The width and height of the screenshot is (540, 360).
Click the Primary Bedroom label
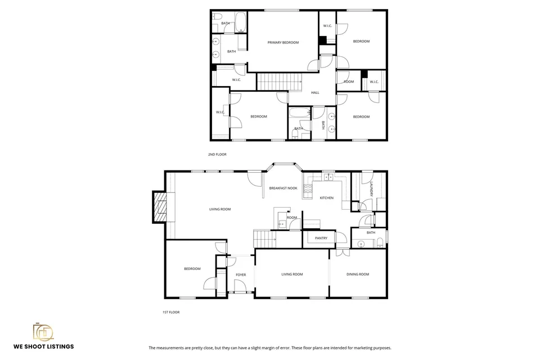pyautogui.click(x=283, y=43)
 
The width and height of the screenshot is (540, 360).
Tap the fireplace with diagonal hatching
pyautogui.click(x=160, y=206)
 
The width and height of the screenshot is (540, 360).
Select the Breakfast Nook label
pyautogui.click(x=283, y=188)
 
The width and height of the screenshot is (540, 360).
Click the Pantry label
pyautogui.click(x=321, y=238)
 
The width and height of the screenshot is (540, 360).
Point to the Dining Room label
pyautogui.click(x=358, y=274)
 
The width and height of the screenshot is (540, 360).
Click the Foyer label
pyautogui.click(x=241, y=275)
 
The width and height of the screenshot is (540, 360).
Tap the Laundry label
pyautogui.click(x=371, y=190)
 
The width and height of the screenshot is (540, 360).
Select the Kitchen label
pyautogui.click(x=326, y=198)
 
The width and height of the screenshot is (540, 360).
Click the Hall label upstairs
pyautogui.click(x=315, y=93)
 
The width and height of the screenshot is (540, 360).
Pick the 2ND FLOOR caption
pyautogui.click(x=217, y=154)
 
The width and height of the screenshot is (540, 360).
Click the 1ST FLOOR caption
pyautogui.click(x=171, y=312)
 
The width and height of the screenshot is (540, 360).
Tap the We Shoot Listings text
pyautogui.click(x=44, y=346)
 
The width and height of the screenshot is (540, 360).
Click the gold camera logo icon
pyautogui.click(x=43, y=332)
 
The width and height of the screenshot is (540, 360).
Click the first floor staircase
pyautogui.click(x=265, y=238)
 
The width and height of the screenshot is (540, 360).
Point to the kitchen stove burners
pyautogui.click(x=308, y=188)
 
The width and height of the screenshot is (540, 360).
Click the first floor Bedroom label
pyautogui.click(x=192, y=269)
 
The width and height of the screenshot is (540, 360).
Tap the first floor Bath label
pyautogui.click(x=371, y=232)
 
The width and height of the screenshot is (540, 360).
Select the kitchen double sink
pyautogui.click(x=328, y=177)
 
